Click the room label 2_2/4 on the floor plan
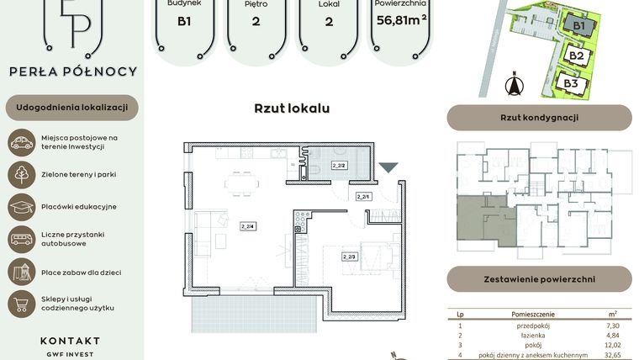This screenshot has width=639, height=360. point(248,225)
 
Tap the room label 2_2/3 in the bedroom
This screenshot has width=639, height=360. point(349,256)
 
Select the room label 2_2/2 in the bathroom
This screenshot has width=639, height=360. point(340,166)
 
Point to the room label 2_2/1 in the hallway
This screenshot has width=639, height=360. point(363,197)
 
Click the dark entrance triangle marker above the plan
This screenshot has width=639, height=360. point(388,168)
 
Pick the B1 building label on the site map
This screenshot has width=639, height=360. point(578,27)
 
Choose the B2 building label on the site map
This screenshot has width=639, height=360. point(576,56)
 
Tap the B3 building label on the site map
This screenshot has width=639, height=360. point(571,83)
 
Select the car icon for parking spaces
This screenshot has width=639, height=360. point(21,142)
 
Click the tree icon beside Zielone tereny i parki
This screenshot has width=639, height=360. point(21,174)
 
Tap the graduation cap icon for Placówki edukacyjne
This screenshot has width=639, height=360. point(21,206)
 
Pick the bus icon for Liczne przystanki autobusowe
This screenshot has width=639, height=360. point(21,239)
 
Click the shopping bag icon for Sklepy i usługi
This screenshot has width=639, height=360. point(21,303)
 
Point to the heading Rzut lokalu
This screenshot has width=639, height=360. point(292,109)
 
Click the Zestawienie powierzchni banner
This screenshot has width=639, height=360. point(539,278)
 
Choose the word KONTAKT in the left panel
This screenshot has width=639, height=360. point(70,341)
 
